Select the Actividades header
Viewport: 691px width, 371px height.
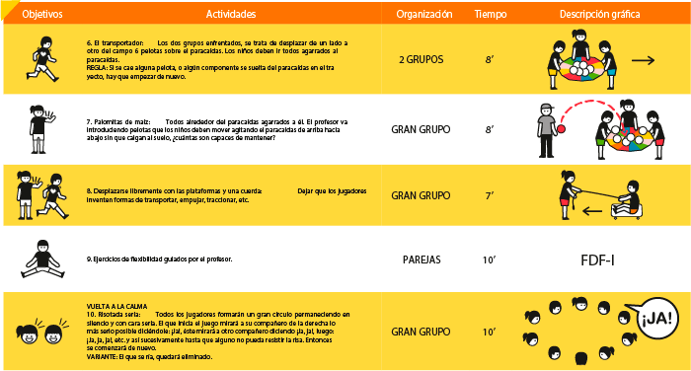pyautogui.click(x=232, y=15)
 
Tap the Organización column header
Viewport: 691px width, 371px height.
pyautogui.click(x=423, y=15)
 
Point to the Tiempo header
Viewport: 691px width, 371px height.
pyautogui.click(x=491, y=15)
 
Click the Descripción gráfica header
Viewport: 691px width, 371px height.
pyautogui.click(x=598, y=15)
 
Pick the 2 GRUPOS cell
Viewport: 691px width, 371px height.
pyautogui.click(x=422, y=60)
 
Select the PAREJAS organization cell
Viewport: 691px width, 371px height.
pyautogui.click(x=422, y=260)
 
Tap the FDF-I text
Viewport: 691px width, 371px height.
pyautogui.click(x=599, y=260)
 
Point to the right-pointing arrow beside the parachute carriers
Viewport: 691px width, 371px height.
pyautogui.click(x=643, y=61)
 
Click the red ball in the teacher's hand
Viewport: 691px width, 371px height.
pyautogui.click(x=562, y=126)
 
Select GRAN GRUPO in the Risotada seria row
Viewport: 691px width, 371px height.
pyautogui.click(x=422, y=332)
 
